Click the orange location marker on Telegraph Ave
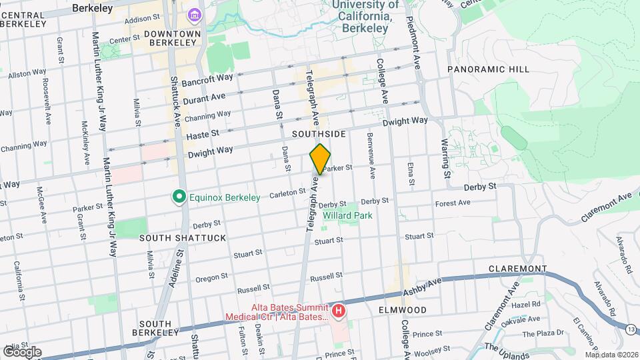coord(320,159)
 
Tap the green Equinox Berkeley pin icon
coord(178,197)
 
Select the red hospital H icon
coord(339,311)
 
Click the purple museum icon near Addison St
coord(194,15)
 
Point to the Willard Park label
coord(347,216)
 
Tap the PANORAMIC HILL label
coord(488,69)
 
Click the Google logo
coord(21,351)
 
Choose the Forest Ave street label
coord(453,203)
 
